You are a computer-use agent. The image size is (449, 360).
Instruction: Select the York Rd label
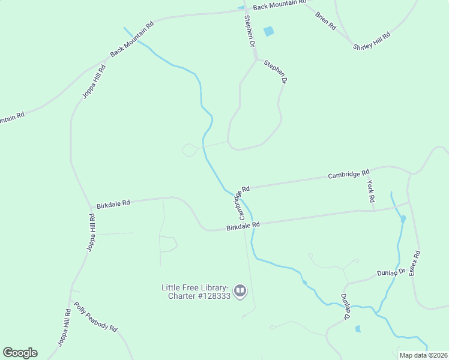(x=371, y=191)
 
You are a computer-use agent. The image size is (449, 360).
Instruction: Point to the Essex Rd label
(x=415, y=263)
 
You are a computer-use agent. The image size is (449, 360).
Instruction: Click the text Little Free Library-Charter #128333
(x=196, y=292)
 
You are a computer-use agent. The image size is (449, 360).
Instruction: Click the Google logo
(x=20, y=353)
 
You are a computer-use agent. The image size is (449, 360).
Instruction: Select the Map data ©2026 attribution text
(x=423, y=355)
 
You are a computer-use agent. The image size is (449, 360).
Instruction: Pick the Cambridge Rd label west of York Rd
(x=348, y=175)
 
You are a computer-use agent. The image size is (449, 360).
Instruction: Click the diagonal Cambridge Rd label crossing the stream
(x=240, y=203)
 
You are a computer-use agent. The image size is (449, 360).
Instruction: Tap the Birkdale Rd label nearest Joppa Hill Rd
(x=113, y=204)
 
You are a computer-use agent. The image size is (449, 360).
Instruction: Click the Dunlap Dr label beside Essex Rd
(x=391, y=273)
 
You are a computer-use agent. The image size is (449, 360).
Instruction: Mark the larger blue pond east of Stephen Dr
(x=268, y=31)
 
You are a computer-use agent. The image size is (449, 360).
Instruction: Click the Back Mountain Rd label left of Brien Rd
(x=279, y=5)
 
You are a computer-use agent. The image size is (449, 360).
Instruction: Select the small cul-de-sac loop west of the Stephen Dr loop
(x=190, y=150)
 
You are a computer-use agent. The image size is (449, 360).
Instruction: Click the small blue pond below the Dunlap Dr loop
(x=358, y=329)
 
